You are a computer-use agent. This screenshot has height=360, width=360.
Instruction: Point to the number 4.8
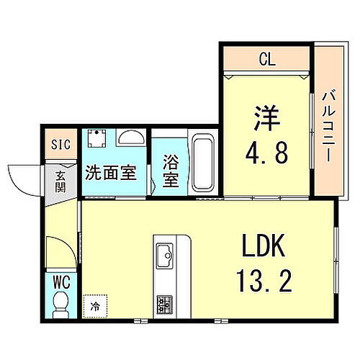click(x=266, y=152)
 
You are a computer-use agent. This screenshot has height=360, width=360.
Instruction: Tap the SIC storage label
click(x=60, y=145)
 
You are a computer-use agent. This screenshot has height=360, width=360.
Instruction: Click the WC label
click(x=60, y=279)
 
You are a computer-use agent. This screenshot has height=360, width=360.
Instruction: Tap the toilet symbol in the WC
click(x=60, y=302)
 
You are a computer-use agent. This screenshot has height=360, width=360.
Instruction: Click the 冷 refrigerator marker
click(x=94, y=305)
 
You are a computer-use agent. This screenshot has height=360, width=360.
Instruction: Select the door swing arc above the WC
click(x=58, y=252)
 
